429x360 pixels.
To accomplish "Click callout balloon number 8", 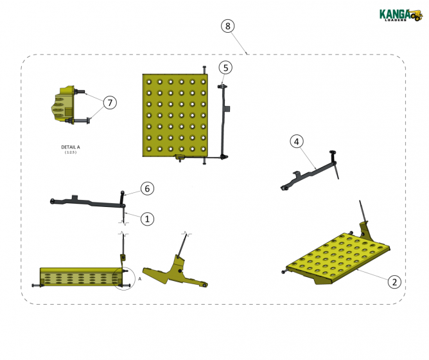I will pyautogui.click(x=228, y=26).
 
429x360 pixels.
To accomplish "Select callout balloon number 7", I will pyautogui.click(x=110, y=103).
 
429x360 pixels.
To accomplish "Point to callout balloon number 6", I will pyautogui.click(x=147, y=188).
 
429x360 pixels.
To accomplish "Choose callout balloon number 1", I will pyautogui.click(x=146, y=219).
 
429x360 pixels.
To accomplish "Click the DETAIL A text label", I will pyautogui.click(x=71, y=147).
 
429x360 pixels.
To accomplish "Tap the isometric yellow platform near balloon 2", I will pyautogui.click(x=337, y=256).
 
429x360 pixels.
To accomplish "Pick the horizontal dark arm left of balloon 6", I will pyautogui.click(x=87, y=203).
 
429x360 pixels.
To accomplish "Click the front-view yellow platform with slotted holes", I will pyautogui.click(x=77, y=277).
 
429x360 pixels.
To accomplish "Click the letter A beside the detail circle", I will pyautogui.click(x=139, y=279).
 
